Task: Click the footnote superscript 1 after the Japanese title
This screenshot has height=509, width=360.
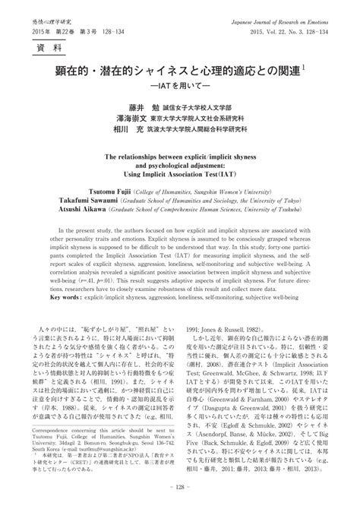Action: point(303,68)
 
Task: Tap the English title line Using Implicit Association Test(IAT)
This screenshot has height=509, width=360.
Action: point(180,172)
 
